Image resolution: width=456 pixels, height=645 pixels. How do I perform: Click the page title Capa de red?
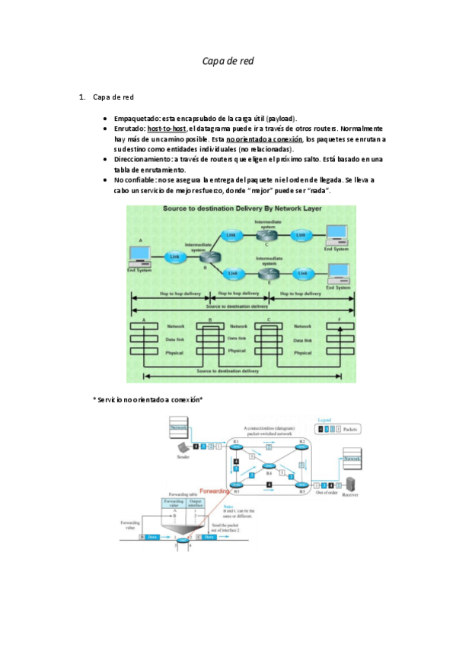pyautogui.click(x=228, y=61)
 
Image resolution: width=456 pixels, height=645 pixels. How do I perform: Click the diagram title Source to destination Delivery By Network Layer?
pyautogui.click(x=241, y=208)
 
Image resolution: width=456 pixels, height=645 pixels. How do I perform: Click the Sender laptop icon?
pyautogui.click(x=183, y=448)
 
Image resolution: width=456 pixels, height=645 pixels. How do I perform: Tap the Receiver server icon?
pyautogui.click(x=352, y=485)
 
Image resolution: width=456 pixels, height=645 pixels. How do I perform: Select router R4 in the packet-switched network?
pyautogui.click(x=269, y=466)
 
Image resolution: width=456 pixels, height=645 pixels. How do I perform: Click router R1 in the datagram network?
pyautogui.click(x=237, y=446)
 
